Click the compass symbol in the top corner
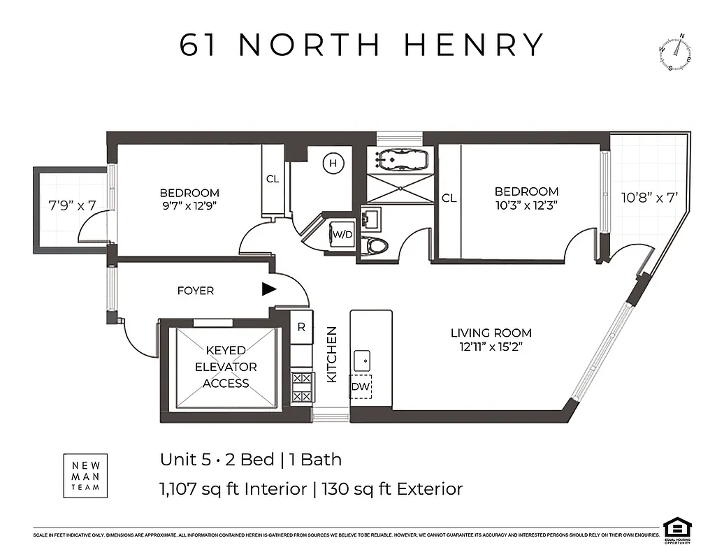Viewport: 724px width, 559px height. point(675,54)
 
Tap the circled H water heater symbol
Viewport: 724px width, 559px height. point(333,164)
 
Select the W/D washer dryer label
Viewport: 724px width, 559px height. point(342,234)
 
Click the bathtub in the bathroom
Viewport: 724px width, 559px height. point(400,159)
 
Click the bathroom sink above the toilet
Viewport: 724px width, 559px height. point(371,218)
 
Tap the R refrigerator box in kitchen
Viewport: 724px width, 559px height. point(301,326)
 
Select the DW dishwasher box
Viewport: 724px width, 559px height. point(361,386)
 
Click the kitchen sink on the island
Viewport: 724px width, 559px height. point(362,361)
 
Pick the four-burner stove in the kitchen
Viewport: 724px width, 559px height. point(301,386)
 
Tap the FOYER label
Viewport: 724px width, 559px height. point(196,291)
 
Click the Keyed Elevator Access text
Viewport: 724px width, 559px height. point(225,366)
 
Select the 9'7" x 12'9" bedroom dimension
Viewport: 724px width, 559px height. point(189,206)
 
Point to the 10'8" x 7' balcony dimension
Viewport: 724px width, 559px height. point(651,197)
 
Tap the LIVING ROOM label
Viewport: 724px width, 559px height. point(491,333)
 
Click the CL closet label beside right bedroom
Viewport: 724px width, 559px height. point(449,198)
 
